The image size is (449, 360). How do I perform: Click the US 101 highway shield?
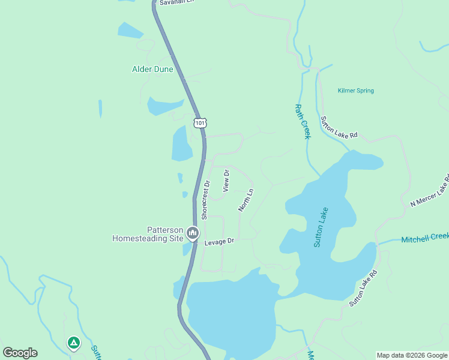click(x=200, y=122)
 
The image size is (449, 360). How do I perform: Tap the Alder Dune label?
click(x=152, y=69)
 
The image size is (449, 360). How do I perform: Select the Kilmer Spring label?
click(x=356, y=91)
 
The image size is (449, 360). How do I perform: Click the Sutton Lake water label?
click(x=322, y=227)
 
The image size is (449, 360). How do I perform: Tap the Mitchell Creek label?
click(x=425, y=238)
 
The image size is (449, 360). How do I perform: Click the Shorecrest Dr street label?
click(x=205, y=200)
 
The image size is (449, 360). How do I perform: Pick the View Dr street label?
click(x=226, y=181)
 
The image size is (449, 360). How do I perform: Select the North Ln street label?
click(x=246, y=200)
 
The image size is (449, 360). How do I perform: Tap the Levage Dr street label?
click(x=218, y=241)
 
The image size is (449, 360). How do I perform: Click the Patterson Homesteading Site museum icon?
click(x=193, y=232)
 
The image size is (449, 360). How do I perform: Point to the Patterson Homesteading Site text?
click(x=148, y=234)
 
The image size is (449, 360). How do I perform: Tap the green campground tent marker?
click(x=73, y=343)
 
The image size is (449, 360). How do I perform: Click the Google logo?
click(x=20, y=353)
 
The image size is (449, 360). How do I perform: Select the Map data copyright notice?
click(x=412, y=355)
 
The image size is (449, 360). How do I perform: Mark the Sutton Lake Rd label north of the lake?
click(x=339, y=127)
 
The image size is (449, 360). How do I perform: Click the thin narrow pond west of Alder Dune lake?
click(x=100, y=109)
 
